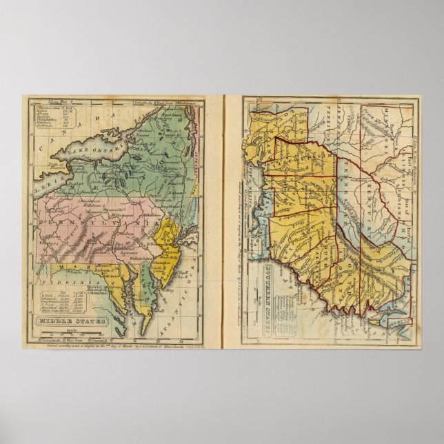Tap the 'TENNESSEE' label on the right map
point(345,196)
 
